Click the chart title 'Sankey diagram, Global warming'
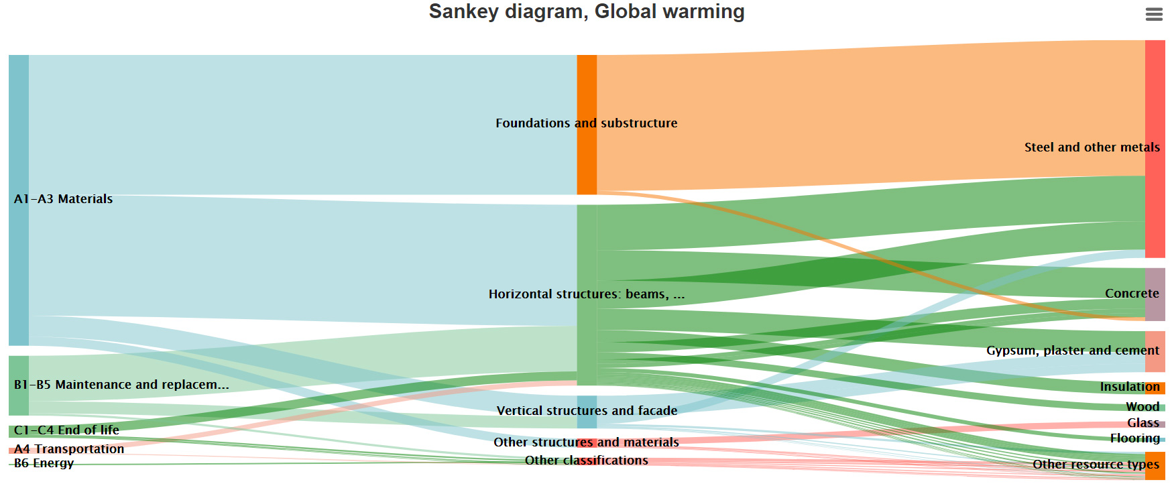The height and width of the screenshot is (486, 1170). [x=587, y=11]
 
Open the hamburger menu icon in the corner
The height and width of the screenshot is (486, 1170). [x=1154, y=14]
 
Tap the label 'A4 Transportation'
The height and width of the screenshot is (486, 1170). [x=69, y=449]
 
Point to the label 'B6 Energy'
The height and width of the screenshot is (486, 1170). [x=44, y=463]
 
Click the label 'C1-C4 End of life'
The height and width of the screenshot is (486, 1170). [x=66, y=430]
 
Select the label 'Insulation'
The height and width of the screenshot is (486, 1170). [x=1129, y=387]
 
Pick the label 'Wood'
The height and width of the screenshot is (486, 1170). [x=1142, y=407]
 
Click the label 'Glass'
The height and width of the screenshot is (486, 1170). [x=1143, y=423]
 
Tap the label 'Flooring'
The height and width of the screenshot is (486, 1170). [x=1134, y=438]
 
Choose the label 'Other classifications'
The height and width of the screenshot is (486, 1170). [x=586, y=461]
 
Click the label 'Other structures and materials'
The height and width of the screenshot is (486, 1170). [x=586, y=442]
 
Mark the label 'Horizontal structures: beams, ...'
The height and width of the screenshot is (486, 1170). [x=586, y=294]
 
